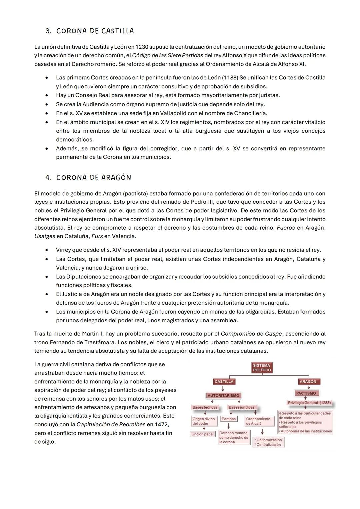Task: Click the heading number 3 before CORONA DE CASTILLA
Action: point(48,31)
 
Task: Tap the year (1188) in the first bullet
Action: point(230,78)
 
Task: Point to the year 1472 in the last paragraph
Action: point(161,424)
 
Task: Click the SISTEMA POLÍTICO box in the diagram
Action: point(262,368)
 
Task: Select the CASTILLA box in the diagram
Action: point(224,382)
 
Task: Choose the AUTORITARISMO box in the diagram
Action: point(223,395)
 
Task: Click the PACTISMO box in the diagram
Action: point(306,393)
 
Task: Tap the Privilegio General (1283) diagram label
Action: point(309,403)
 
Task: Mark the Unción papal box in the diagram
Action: point(202,434)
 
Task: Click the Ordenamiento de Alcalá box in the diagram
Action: point(258,421)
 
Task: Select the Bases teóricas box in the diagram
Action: point(205,407)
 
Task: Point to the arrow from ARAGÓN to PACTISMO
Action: point(309,387)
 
